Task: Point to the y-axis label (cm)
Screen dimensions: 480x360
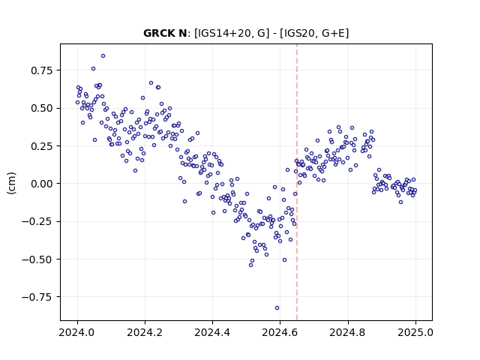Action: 11,183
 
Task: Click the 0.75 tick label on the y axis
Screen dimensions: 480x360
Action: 42,70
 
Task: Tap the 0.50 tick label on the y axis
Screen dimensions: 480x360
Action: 42,108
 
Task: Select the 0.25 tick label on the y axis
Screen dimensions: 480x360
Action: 42,146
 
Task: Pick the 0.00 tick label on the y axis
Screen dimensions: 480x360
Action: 42,184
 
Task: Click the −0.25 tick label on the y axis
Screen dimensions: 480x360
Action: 37,221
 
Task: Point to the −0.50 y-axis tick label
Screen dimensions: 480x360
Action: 37,259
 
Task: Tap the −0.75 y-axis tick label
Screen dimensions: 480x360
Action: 37,297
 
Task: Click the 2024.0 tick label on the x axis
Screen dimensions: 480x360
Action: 76,332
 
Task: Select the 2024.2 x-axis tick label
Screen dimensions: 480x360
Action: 145,332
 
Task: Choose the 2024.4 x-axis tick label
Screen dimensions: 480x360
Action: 212,332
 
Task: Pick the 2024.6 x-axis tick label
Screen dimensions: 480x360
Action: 280,332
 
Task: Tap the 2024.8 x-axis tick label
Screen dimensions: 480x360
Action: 347,332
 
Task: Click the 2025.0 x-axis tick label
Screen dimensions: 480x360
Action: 415,332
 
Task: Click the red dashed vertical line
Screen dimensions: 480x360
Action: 297,182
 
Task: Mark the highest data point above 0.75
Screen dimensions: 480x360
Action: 103,55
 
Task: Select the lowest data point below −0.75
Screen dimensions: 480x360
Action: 277,308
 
